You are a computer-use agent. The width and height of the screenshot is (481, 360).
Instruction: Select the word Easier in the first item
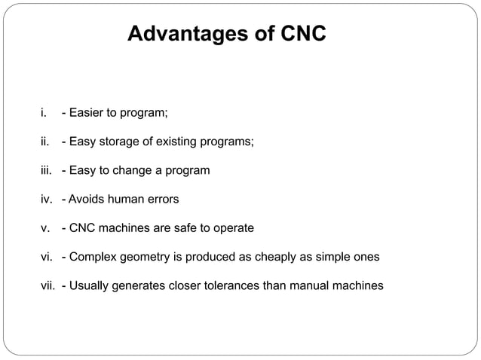[87, 114]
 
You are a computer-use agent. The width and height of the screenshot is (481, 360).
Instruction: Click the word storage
[116, 142]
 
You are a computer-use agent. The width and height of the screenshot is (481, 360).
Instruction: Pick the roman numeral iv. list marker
[47, 200]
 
